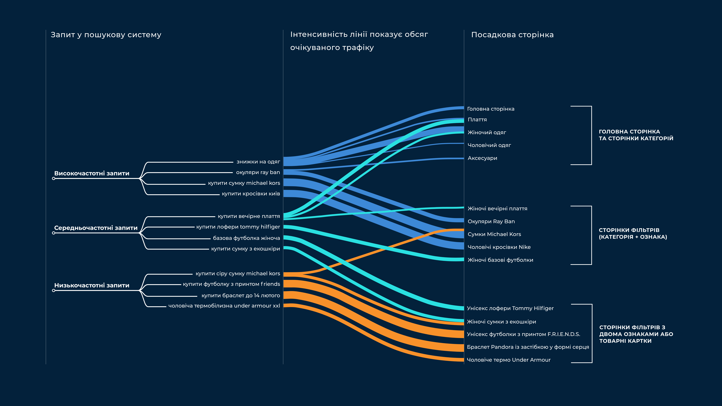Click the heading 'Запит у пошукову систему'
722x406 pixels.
(106, 35)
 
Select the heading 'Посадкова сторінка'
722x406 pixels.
(512, 35)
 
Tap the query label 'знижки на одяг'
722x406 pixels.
(258, 162)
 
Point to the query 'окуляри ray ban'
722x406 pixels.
(258, 172)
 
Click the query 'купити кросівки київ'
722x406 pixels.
(251, 194)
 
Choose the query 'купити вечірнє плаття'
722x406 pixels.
(249, 216)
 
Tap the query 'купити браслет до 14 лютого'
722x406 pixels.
(241, 296)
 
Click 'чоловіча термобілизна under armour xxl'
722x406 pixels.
(224, 306)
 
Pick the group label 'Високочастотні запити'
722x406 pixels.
(92, 173)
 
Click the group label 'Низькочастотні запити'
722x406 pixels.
(92, 286)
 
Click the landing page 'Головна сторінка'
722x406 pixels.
(491, 109)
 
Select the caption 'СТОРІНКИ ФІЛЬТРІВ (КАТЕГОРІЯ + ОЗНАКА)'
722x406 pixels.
(633, 233)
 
